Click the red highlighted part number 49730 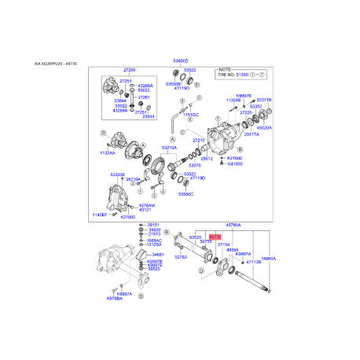(x=215, y=234)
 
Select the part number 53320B (x=117, y=174)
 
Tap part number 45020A (x=264, y=127)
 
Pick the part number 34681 (x=158, y=255)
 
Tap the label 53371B (x=264, y=100)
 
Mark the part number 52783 (x=181, y=256)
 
